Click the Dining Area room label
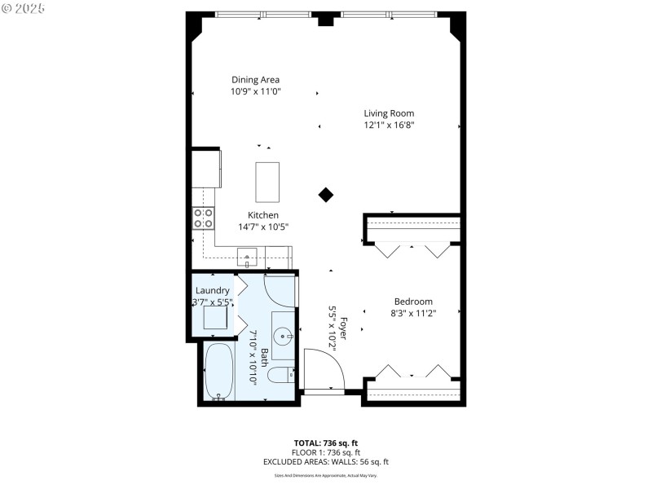point(256,80)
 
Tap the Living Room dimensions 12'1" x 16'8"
point(389,126)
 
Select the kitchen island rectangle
point(267,182)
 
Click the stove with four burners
point(204,218)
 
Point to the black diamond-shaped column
point(326,194)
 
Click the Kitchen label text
point(263,215)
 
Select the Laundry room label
point(212,290)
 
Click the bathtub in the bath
point(218,372)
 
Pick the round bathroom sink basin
point(282,334)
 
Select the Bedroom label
point(413,302)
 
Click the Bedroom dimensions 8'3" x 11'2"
point(413,313)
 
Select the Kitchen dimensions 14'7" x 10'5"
point(263,227)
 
